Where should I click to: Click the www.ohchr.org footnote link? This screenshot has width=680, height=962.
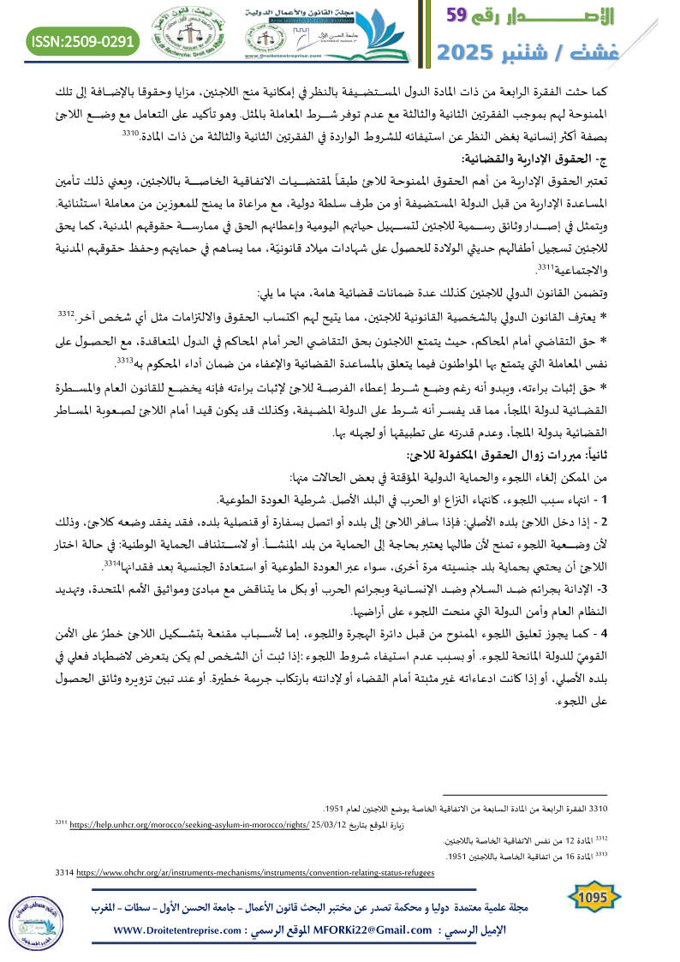tap(255, 872)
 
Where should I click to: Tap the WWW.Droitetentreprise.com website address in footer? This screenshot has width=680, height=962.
tap(176, 929)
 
